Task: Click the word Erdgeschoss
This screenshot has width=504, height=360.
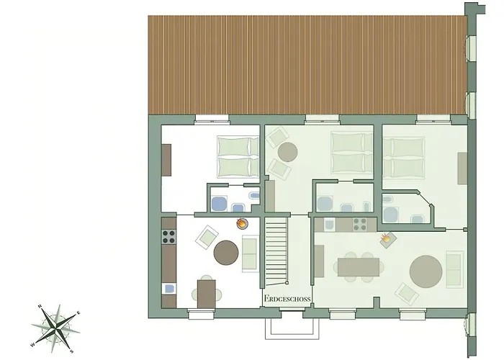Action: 287,298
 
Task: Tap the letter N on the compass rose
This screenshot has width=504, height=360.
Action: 40,306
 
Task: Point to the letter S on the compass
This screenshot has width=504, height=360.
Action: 72,351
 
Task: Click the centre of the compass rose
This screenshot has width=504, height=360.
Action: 56,328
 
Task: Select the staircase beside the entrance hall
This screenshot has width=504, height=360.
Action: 276,251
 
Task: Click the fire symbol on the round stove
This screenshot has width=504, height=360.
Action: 241,222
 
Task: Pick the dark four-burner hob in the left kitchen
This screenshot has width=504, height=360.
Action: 168,237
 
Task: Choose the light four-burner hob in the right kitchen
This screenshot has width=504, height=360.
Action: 360,225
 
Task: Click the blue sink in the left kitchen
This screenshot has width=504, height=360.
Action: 169,289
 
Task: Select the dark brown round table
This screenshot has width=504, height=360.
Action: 226,253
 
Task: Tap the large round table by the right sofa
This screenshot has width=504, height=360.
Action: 426,271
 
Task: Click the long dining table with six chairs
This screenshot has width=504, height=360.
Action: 359,267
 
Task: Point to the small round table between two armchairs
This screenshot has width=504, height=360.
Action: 287,152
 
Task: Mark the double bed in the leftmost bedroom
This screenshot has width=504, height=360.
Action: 238,157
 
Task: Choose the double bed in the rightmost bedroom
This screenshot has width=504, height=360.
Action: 404,158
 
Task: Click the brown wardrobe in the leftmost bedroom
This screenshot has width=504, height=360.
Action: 166,160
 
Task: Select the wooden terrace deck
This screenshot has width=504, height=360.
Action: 307,65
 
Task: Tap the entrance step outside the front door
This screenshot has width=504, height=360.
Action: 292,328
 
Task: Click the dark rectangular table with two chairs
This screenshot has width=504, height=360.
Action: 207,294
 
